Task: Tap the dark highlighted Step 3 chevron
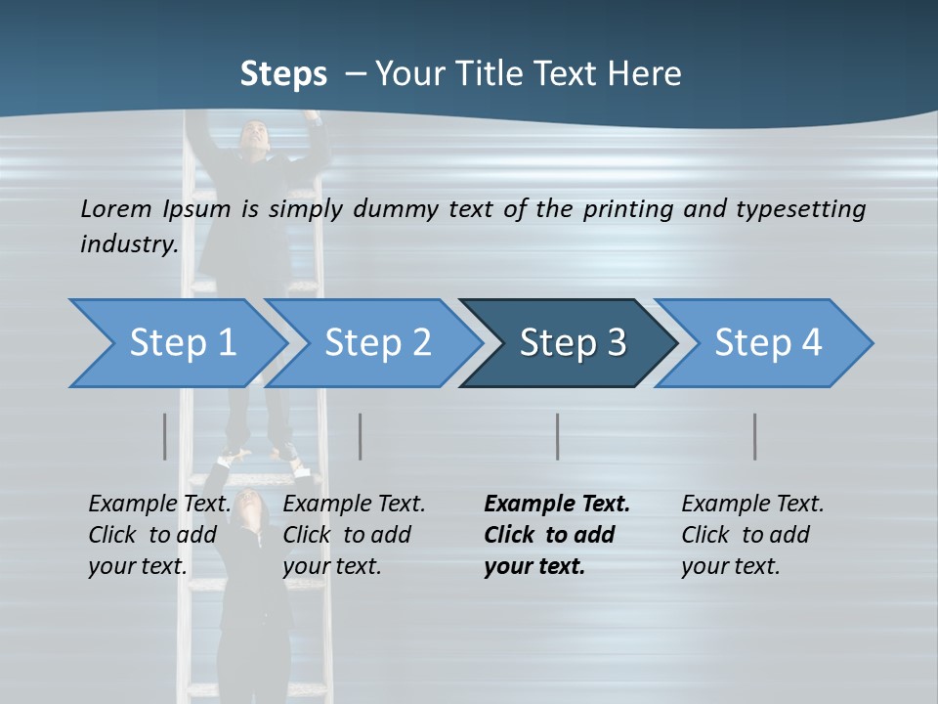click(x=573, y=343)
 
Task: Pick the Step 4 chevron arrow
click(x=768, y=343)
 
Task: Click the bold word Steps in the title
click(x=283, y=74)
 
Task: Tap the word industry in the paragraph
click(x=128, y=243)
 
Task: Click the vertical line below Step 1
click(x=164, y=436)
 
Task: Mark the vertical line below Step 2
click(x=361, y=436)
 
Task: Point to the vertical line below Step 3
click(x=557, y=436)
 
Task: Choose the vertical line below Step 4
click(x=754, y=436)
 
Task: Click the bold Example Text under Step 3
click(x=557, y=505)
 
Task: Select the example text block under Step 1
click(x=158, y=535)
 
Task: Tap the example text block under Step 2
click(x=353, y=535)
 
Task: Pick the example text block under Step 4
click(x=751, y=535)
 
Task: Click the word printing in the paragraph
click(x=626, y=209)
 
